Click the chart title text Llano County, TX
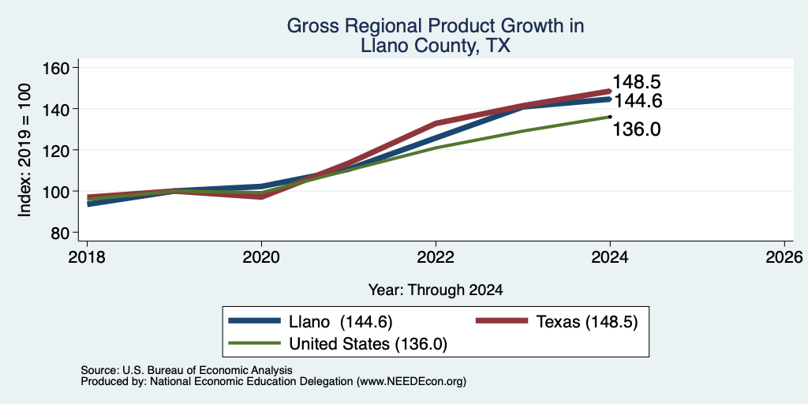coord(436,46)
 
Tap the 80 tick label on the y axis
coord(60,233)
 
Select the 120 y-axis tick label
coord(55,150)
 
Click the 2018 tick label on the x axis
coord(87,256)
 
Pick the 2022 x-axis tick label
coord(436,256)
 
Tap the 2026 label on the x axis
coord(784,256)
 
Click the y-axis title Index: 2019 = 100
coord(24,150)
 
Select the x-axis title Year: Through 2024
coord(436,290)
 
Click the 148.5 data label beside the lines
coord(637,82)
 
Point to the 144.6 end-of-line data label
coord(637,100)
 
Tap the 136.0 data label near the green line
coord(637,129)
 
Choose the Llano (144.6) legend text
coord(341,322)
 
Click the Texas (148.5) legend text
coord(587,322)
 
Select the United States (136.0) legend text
coord(368,344)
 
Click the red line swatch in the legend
coord(502,322)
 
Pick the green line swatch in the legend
coord(255,343)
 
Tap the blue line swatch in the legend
coord(255,322)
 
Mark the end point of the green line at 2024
coord(610,117)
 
